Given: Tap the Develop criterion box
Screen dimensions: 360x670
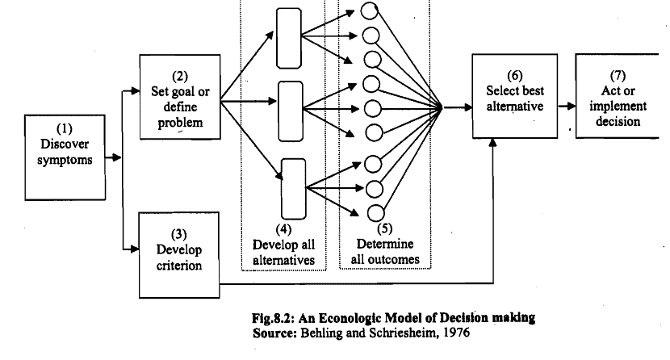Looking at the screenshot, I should click(179, 254).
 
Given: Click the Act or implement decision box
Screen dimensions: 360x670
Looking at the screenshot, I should click(615, 97).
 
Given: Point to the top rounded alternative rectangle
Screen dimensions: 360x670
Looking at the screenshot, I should click(289, 39).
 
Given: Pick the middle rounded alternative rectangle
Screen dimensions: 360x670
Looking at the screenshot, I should click(289, 104).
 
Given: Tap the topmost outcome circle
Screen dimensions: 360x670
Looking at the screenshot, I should click(371, 12).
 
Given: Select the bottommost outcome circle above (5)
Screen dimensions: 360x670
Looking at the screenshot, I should click(376, 213).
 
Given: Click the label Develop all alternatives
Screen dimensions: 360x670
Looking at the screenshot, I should click(282, 253).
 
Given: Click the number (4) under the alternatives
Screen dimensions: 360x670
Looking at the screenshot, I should click(284, 228).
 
